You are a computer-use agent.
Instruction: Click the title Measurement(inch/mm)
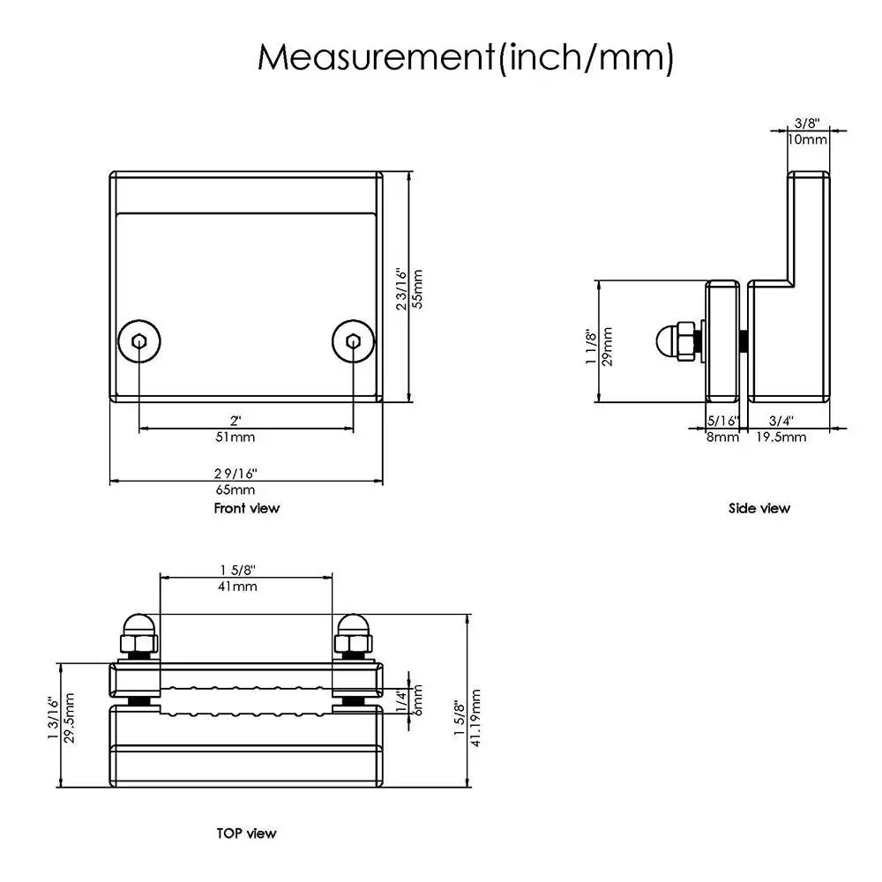tap(465, 57)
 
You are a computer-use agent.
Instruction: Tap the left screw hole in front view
tap(139, 341)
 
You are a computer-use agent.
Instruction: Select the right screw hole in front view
tap(353, 341)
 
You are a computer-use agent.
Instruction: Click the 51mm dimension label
tap(235, 437)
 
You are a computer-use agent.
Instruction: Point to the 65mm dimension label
tap(235, 490)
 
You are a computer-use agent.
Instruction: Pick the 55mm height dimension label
tap(417, 288)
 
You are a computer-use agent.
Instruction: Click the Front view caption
tap(246, 508)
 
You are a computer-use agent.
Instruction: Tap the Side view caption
tap(759, 508)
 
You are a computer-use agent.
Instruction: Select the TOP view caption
tap(246, 833)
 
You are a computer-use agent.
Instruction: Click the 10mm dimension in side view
tap(807, 139)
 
